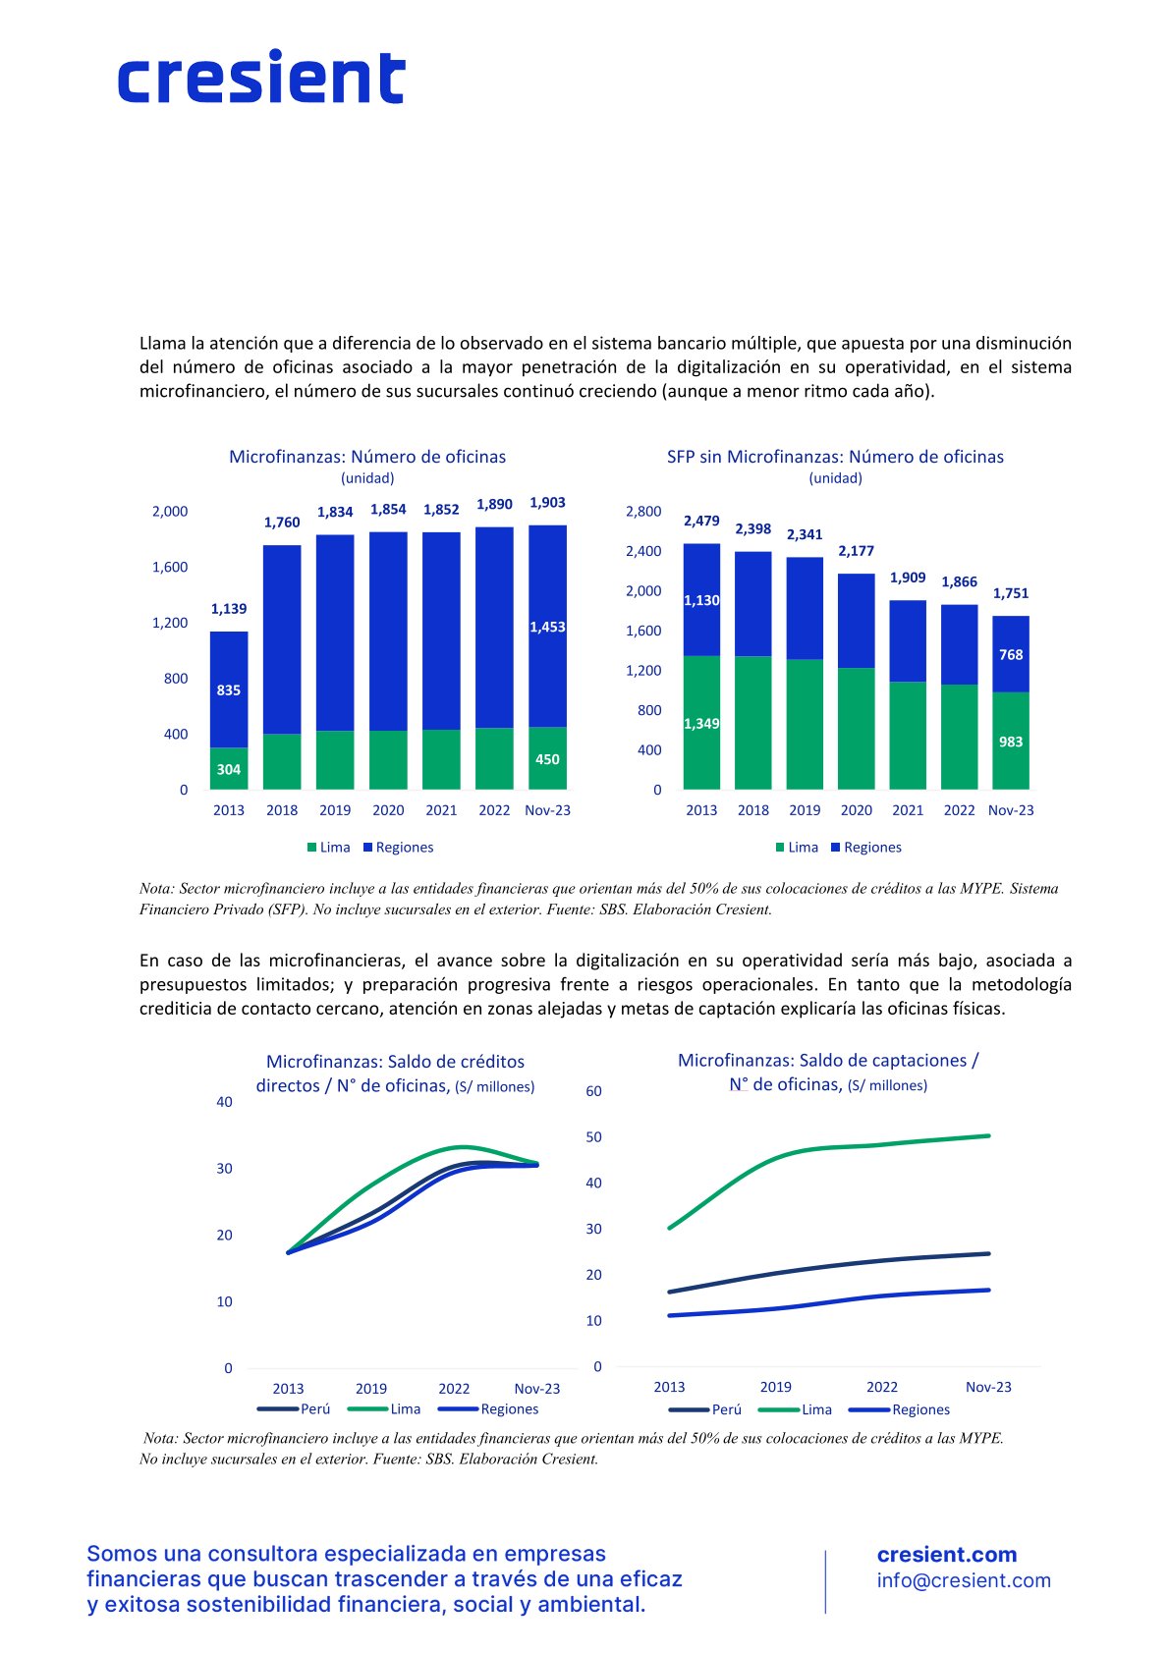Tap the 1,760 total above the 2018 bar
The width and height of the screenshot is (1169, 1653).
pyautogui.click(x=282, y=523)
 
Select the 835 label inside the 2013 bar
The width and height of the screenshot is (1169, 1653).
pyautogui.click(x=228, y=690)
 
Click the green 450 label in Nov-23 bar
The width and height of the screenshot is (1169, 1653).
pyautogui.click(x=547, y=759)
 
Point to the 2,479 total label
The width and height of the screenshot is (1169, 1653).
pyautogui.click(x=701, y=521)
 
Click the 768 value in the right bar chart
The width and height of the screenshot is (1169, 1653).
pyautogui.click(x=1010, y=654)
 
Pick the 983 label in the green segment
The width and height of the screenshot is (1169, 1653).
pyautogui.click(x=1010, y=742)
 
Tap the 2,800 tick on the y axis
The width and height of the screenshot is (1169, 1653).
pyautogui.click(x=643, y=512)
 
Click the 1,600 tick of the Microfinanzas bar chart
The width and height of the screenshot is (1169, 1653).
pyautogui.click(x=170, y=567)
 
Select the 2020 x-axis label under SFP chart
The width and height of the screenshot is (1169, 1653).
pyautogui.click(x=856, y=810)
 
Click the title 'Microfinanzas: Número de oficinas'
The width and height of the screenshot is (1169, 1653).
pyautogui.click(x=367, y=457)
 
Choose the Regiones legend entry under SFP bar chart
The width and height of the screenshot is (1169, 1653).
pyautogui.click(x=865, y=848)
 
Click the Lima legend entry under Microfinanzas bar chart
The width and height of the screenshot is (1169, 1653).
pyautogui.click(x=328, y=848)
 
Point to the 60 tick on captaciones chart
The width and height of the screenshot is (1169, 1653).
pyautogui.click(x=593, y=1090)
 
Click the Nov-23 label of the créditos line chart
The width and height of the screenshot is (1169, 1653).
pyautogui.click(x=536, y=1389)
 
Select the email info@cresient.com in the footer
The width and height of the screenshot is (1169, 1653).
pyautogui.click(x=963, y=1580)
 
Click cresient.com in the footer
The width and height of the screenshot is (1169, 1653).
pyautogui.click(x=946, y=1555)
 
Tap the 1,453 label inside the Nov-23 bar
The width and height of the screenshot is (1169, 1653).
pyautogui.click(x=547, y=628)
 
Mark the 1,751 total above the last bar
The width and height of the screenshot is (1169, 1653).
pyautogui.click(x=1010, y=593)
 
